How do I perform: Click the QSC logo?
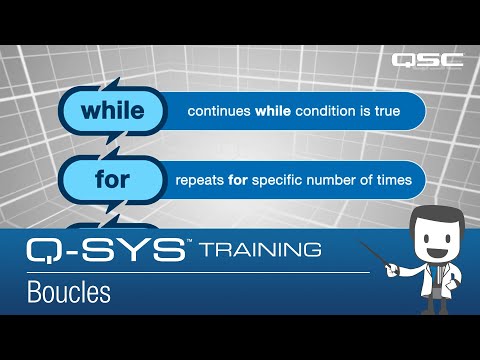click(427, 60)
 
